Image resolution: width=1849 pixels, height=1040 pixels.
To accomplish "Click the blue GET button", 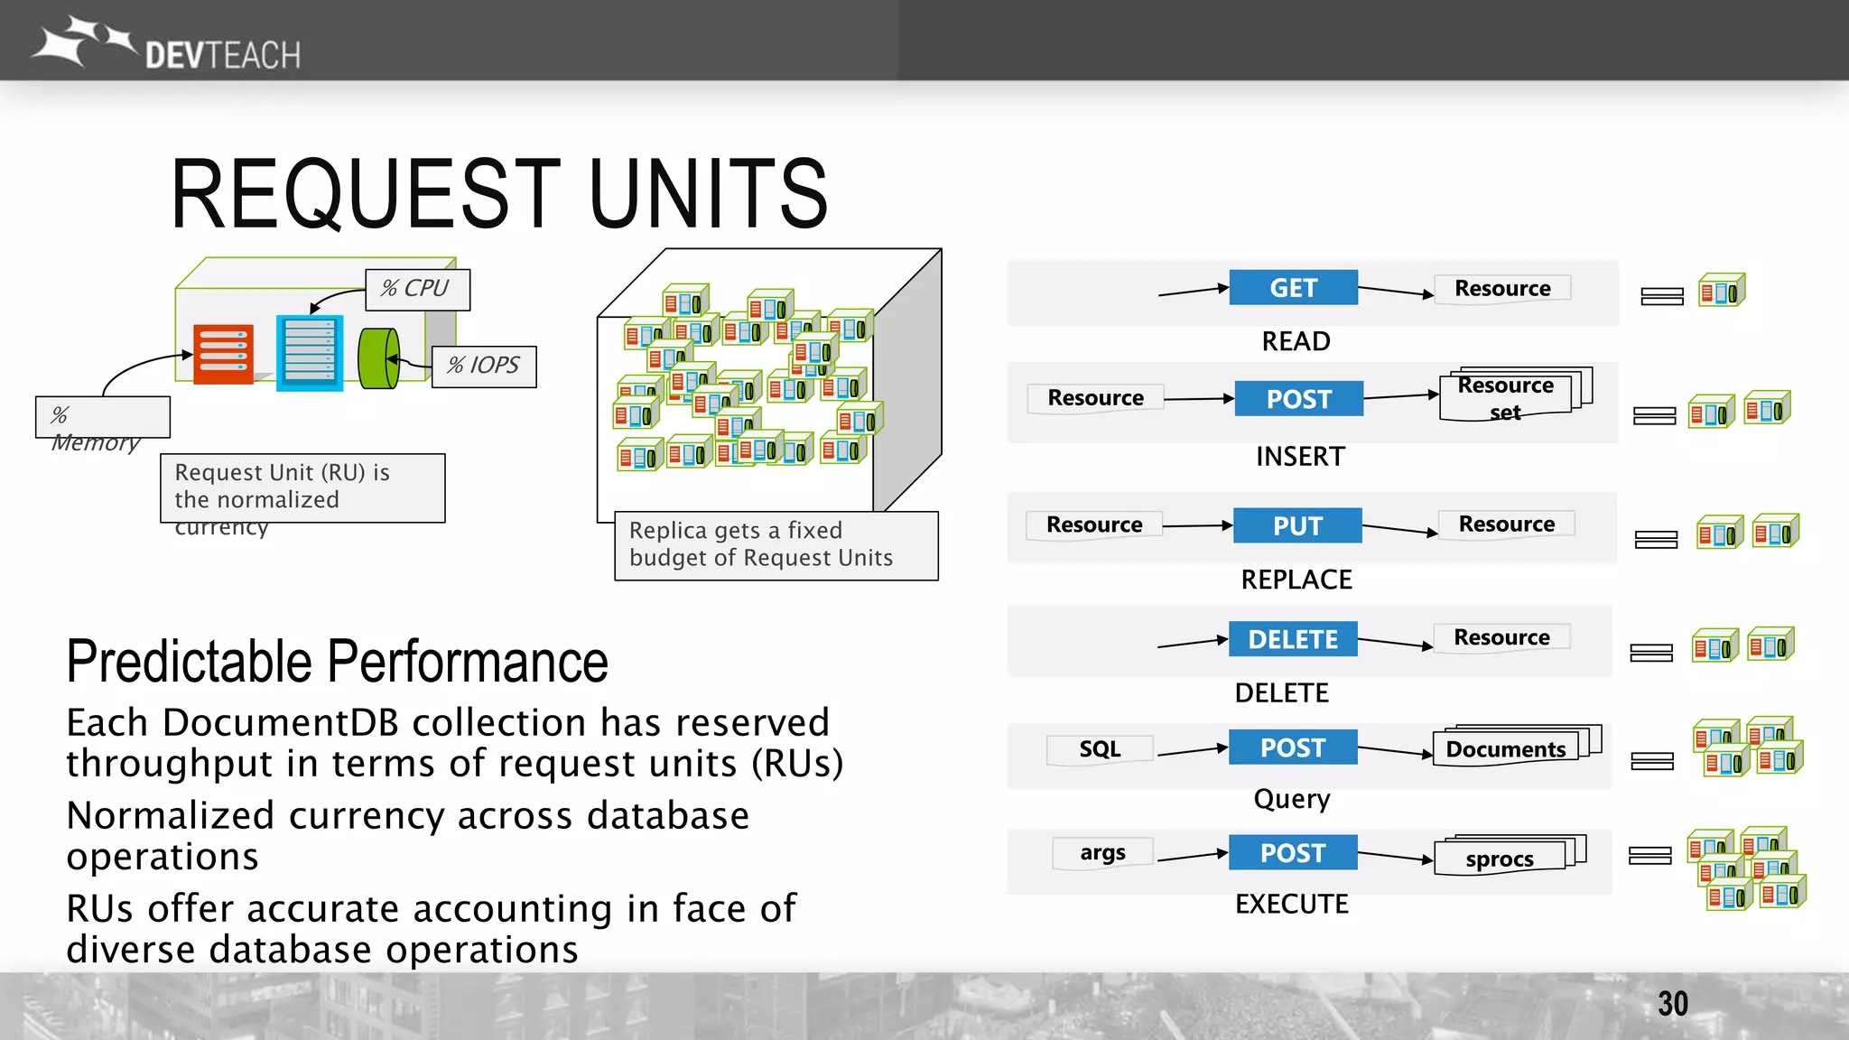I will coord(1293,288).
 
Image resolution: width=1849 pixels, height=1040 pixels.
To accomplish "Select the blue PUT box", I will coord(1297,525).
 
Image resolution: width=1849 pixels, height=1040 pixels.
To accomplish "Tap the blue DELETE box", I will coord(1293,639).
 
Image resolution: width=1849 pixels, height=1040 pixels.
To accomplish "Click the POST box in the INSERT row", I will coord(1298,398).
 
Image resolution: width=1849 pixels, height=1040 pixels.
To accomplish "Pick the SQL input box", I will coord(1100,749).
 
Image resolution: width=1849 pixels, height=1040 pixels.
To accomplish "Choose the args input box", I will coord(1102,852).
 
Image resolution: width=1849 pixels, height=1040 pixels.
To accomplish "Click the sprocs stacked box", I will coord(1501,858).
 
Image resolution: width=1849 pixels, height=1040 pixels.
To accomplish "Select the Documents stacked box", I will coord(1506,749).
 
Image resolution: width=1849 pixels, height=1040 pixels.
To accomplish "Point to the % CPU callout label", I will coord(416,289).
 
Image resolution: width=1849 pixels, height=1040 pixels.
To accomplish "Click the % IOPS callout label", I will coord(484,366).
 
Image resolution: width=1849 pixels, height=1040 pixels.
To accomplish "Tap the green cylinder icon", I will coord(379,358).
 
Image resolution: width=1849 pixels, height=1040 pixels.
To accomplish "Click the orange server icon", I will coord(223,354).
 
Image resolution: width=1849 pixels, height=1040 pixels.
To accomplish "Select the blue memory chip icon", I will coord(309,352).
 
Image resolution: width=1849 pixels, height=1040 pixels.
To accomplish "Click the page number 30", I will coord(1672,1004).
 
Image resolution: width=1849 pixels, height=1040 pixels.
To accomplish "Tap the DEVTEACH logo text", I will coord(222,56).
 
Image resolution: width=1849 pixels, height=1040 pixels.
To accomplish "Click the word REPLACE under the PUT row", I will coord(1296,580).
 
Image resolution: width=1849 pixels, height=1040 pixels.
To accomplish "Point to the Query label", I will coord(1292,799).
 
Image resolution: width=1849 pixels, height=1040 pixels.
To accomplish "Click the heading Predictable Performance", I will coord(337,661).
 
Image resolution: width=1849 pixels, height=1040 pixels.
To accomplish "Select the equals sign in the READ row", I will coord(1661,296).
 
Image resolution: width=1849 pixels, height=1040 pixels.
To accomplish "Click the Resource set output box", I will coord(1506,397).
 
